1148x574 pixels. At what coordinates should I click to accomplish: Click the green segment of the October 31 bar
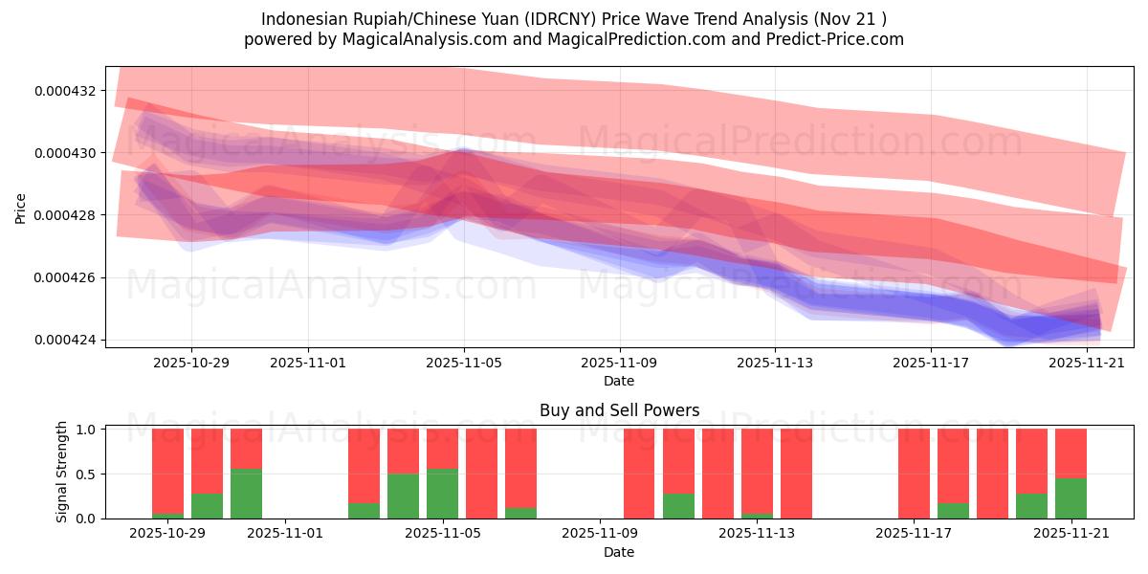(246, 494)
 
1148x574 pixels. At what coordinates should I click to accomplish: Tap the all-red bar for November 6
(481, 474)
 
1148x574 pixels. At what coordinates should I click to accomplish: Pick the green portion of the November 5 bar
(442, 494)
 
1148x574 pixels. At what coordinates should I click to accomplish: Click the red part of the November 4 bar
(403, 451)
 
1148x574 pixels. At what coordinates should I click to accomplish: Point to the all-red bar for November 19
(992, 474)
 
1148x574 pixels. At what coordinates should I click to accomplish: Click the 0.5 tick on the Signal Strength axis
(86, 475)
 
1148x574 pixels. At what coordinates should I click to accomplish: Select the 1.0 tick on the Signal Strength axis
(86, 430)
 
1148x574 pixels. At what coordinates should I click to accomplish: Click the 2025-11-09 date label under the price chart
(620, 363)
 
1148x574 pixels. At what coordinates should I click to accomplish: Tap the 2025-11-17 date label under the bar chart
(915, 534)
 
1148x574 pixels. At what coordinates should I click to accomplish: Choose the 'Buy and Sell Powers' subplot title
(619, 410)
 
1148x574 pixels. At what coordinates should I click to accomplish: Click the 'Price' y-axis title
(21, 207)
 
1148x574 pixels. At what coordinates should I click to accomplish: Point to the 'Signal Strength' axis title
(62, 472)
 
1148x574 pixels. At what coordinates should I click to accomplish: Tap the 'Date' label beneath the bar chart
(619, 552)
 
